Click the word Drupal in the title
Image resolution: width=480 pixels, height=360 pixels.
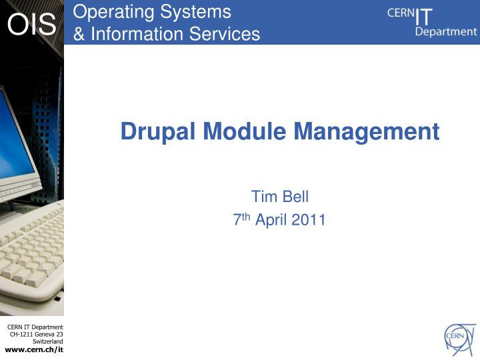(x=159, y=131)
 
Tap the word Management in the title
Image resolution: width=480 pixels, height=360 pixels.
(x=367, y=131)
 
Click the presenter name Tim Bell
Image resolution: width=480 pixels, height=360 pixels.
(x=279, y=196)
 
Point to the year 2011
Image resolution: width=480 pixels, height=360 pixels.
(x=308, y=220)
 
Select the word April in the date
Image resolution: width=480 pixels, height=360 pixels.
(x=271, y=220)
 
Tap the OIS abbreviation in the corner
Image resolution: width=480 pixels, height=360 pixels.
(x=31, y=25)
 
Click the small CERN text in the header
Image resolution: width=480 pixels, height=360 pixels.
(x=400, y=13)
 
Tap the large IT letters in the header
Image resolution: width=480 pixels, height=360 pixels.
(x=423, y=15)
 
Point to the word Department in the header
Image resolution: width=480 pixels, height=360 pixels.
(x=445, y=31)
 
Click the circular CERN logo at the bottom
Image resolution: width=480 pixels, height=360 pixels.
(x=461, y=338)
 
